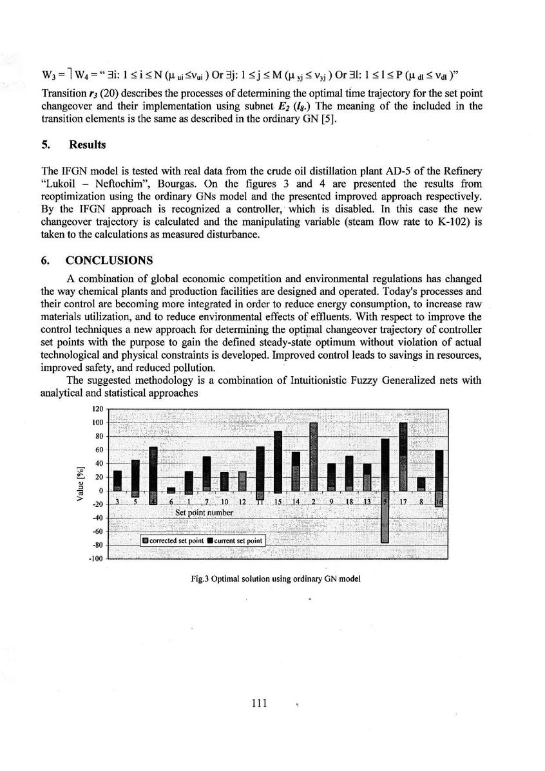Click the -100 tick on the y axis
96,558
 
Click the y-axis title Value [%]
80,482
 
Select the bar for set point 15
278,461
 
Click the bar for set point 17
403,457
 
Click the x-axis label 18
349,502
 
